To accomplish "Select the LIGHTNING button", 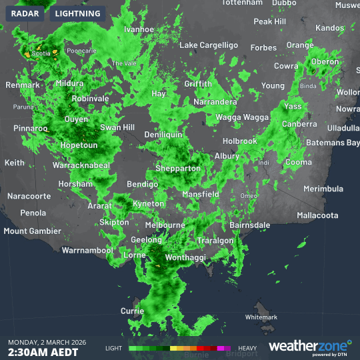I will pyautogui.click(x=77, y=13).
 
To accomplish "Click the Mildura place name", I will pyautogui.click(x=70, y=83).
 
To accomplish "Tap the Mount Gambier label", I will pyautogui.click(x=32, y=231).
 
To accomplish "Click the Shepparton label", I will pyautogui.click(x=178, y=169).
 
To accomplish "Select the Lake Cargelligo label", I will pyautogui.click(x=209, y=45).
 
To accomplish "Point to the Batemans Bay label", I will pyautogui.click(x=332, y=143).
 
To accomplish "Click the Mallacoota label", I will pyautogui.click(x=317, y=215).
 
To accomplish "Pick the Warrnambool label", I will pyautogui.click(x=87, y=251).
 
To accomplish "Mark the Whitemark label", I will pyautogui.click(x=261, y=317).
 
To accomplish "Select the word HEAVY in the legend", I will pyautogui.click(x=247, y=348).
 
